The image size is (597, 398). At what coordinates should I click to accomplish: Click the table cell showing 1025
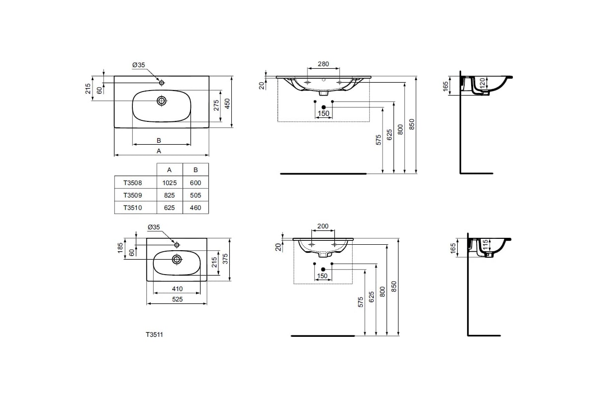(169, 183)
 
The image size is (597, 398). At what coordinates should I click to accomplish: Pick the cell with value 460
(196, 208)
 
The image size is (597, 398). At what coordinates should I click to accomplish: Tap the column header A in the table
(169, 170)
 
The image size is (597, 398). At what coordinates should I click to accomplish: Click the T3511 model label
(154, 335)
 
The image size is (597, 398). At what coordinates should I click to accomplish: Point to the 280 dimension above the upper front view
(323, 64)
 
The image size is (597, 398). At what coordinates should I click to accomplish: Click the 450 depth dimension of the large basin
(227, 103)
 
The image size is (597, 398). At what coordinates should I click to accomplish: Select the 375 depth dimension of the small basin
(225, 260)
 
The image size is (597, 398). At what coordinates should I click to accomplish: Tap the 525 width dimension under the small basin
(177, 299)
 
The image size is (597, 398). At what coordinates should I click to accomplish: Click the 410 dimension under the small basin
(177, 289)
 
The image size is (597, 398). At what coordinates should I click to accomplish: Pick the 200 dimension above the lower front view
(323, 226)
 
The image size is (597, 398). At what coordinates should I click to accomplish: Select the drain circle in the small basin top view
(177, 259)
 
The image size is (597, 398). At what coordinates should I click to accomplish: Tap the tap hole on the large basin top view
(161, 82)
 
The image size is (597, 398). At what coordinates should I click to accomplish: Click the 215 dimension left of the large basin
(88, 89)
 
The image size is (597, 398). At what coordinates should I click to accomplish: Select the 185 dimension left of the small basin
(120, 248)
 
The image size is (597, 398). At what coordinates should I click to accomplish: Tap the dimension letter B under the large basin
(159, 140)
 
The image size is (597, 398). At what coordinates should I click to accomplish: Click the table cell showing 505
(196, 196)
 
